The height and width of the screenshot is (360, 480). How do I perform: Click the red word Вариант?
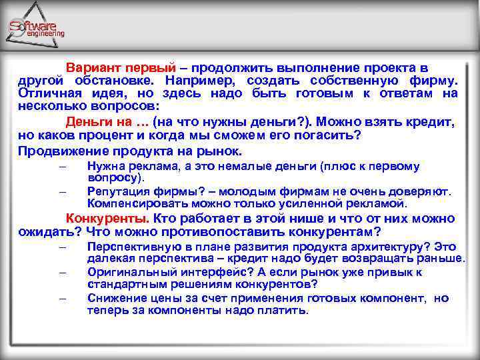[89, 68]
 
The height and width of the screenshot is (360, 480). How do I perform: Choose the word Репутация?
[117, 191]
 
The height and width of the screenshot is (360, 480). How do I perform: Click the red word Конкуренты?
[107, 219]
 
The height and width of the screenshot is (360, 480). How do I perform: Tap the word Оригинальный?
[125, 273]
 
